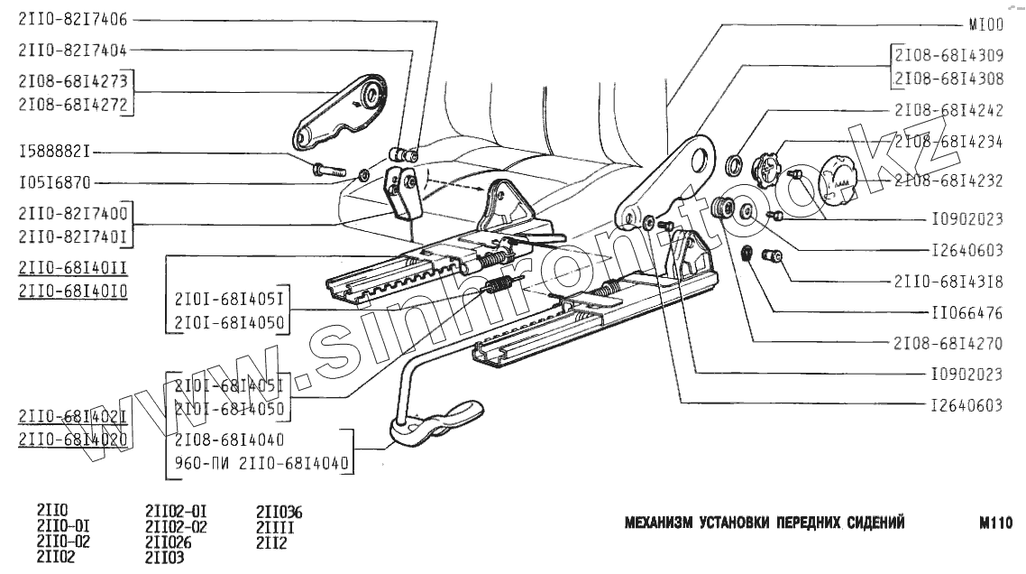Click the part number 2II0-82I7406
coord(72,18)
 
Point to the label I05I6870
coord(54,182)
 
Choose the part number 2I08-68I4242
coord(948,110)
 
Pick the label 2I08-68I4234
coord(948,142)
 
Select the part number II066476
coord(966,314)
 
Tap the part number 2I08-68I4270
coord(948,344)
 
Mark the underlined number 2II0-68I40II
coord(72,267)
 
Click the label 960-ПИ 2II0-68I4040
coord(261,464)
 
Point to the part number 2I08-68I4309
coord(948,54)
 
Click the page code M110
coord(995,523)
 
